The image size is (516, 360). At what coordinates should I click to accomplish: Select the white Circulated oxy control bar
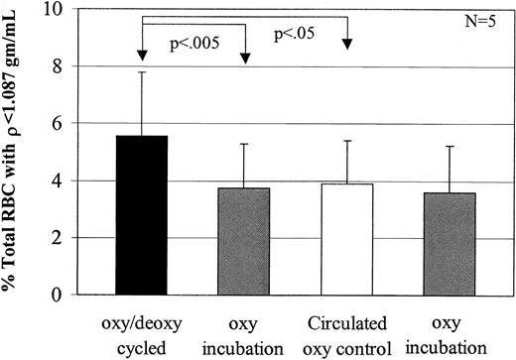[x=347, y=239]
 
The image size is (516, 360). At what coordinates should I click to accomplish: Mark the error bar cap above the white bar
[x=347, y=141]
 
